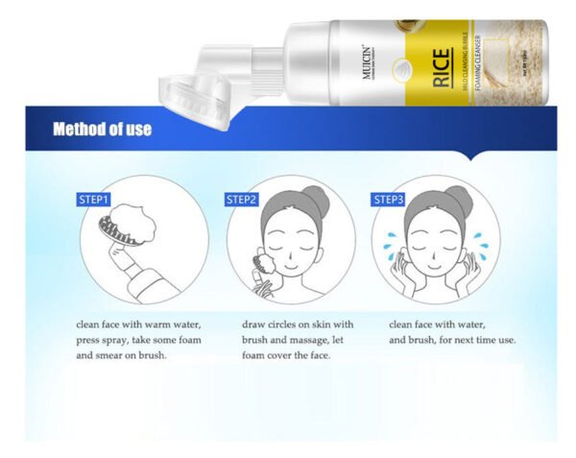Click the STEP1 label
pos(93,200)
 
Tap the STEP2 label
pos(242,200)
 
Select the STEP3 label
pos(389,200)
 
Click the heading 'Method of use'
pos(102,129)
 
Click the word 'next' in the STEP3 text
pos(460,341)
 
